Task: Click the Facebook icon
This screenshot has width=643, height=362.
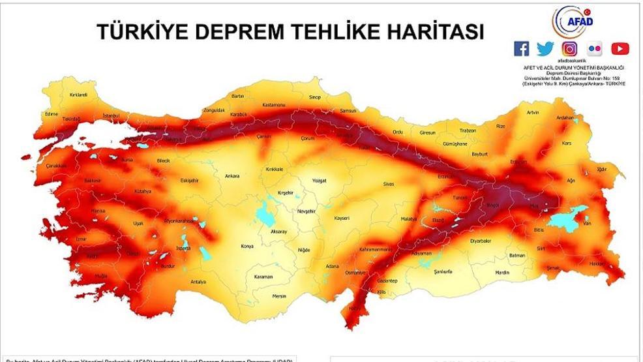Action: tap(522, 48)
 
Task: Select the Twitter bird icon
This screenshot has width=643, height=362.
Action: tap(545, 48)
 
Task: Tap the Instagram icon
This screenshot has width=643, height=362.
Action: tap(570, 48)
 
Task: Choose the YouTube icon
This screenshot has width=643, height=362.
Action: tap(620, 48)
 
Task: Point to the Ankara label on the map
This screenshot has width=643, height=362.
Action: tap(232, 176)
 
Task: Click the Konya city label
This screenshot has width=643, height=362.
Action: tap(247, 247)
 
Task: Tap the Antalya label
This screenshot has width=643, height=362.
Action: tap(198, 282)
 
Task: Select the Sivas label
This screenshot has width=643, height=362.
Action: tap(389, 185)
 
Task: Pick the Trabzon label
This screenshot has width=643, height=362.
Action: tap(468, 130)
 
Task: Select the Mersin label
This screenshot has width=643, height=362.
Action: tap(279, 295)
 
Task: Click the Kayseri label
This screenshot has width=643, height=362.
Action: tap(342, 218)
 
